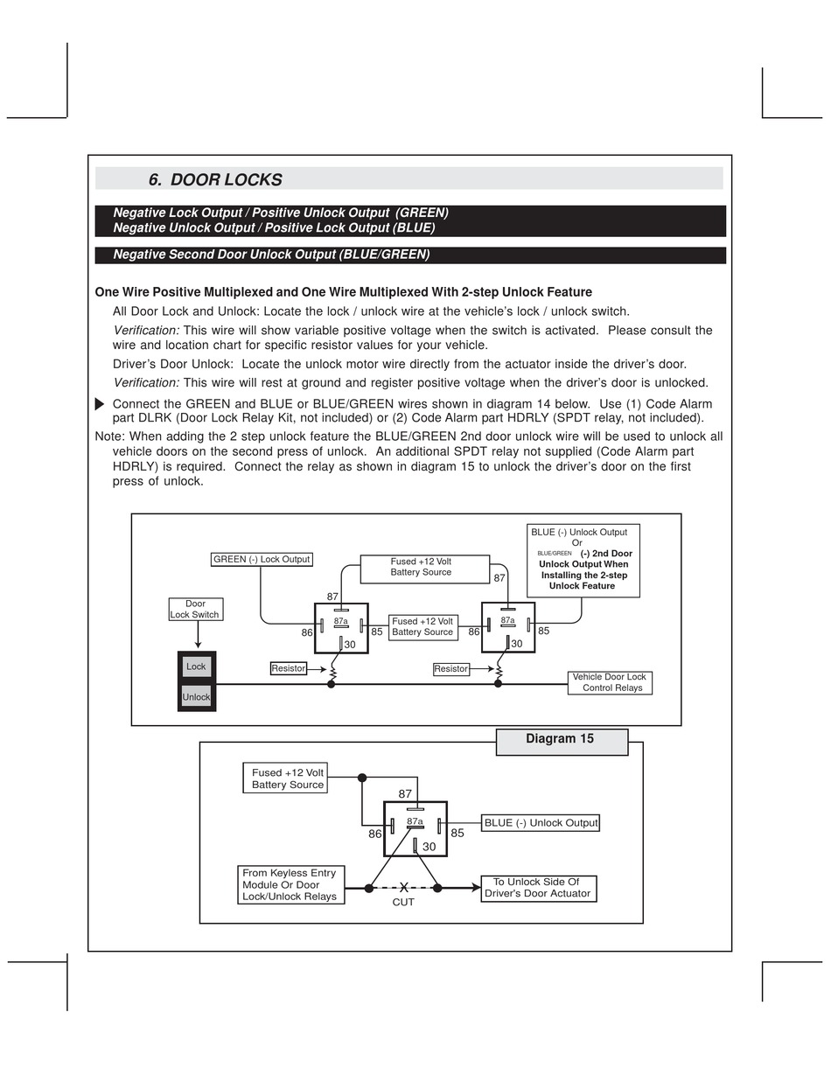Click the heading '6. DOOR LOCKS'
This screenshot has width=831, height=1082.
pyautogui.click(x=215, y=179)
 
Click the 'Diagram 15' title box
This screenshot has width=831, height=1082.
pyautogui.click(x=561, y=740)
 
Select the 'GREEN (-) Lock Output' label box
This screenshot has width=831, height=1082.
pyautogui.click(x=262, y=559)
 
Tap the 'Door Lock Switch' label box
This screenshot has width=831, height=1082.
pyautogui.click(x=196, y=609)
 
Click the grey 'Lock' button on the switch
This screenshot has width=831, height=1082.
pyautogui.click(x=196, y=667)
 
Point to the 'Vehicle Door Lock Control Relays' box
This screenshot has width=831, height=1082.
pyautogui.click(x=610, y=682)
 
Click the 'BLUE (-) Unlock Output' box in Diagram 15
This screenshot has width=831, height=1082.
pyautogui.click(x=541, y=823)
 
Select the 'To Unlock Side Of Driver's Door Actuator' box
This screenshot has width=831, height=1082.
pyautogui.click(x=538, y=888)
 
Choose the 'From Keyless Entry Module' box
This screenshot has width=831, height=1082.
pyautogui.click(x=290, y=884)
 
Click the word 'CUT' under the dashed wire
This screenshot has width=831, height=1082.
pyautogui.click(x=403, y=902)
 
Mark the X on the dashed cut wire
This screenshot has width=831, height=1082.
pyautogui.click(x=404, y=888)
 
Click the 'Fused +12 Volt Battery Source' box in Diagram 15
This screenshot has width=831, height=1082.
pyautogui.click(x=287, y=778)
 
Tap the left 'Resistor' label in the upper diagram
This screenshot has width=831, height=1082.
pyautogui.click(x=289, y=668)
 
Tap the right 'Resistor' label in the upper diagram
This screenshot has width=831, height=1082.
pyautogui.click(x=451, y=669)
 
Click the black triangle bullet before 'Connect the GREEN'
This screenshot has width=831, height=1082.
pyautogui.click(x=100, y=404)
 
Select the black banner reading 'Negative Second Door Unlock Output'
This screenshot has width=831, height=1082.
pyautogui.click(x=410, y=255)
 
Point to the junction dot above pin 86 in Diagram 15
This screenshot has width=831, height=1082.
pyautogui.click(x=362, y=778)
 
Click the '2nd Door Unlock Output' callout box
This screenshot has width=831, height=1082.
pyautogui.click(x=583, y=559)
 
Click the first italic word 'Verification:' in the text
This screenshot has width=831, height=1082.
pyautogui.click(x=146, y=331)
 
